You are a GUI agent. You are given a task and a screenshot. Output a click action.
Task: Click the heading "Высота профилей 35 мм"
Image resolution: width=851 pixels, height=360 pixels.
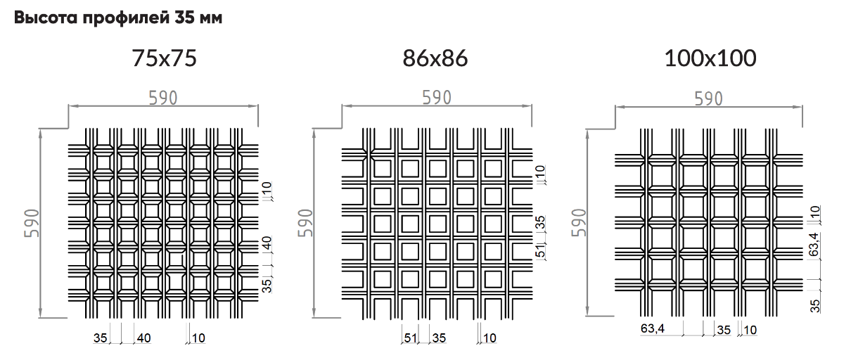(x=118, y=18)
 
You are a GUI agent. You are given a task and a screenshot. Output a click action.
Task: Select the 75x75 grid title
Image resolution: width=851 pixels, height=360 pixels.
(x=164, y=58)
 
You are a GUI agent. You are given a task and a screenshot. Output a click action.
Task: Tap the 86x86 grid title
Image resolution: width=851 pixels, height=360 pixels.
(x=435, y=58)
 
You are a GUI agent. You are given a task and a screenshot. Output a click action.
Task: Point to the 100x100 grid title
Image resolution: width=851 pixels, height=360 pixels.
(x=710, y=58)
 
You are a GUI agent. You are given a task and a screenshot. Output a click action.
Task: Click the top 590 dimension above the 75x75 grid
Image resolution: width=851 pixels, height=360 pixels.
(x=163, y=98)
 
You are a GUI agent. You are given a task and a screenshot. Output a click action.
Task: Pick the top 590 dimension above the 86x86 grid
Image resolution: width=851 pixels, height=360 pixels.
(x=437, y=98)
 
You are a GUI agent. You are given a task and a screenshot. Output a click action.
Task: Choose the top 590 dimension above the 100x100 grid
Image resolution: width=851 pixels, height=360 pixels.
(x=709, y=98)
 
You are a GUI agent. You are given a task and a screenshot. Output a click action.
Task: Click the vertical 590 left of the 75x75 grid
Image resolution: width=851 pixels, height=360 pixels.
(x=32, y=223)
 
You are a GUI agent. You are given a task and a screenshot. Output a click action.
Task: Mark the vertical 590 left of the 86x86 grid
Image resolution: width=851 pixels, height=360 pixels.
(x=305, y=223)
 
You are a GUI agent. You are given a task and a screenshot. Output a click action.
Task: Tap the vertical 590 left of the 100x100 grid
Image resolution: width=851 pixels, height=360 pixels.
(x=579, y=222)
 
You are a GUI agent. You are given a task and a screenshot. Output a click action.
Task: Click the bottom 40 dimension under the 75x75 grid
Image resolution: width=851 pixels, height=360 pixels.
(x=143, y=337)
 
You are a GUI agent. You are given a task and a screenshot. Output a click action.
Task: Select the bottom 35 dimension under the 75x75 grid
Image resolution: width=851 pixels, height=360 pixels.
(x=101, y=337)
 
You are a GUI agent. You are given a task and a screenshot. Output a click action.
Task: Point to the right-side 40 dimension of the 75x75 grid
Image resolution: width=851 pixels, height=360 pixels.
(x=267, y=243)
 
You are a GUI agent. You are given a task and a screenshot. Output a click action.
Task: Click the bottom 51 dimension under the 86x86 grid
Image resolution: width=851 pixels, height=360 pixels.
(x=411, y=337)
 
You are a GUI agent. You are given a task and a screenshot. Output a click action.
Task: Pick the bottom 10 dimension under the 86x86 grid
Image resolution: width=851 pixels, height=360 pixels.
(x=490, y=337)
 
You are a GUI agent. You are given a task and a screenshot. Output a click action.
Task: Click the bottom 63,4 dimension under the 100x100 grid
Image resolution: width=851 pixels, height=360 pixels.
(x=653, y=328)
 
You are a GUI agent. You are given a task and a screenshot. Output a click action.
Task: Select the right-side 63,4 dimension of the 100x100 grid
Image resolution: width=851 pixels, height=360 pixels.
(x=814, y=245)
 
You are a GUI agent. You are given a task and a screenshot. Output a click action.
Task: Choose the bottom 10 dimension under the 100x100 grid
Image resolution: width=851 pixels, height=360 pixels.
(x=750, y=330)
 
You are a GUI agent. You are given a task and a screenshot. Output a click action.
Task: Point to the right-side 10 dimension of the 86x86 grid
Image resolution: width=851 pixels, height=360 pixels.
(x=540, y=172)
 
